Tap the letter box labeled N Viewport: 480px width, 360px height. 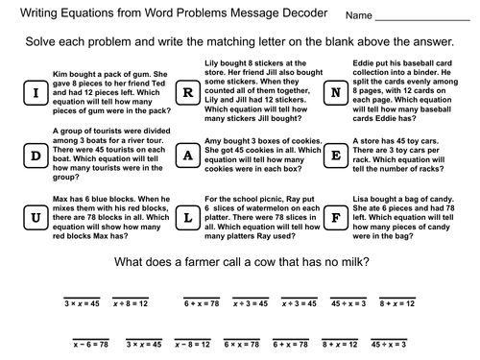coord(335,93)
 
